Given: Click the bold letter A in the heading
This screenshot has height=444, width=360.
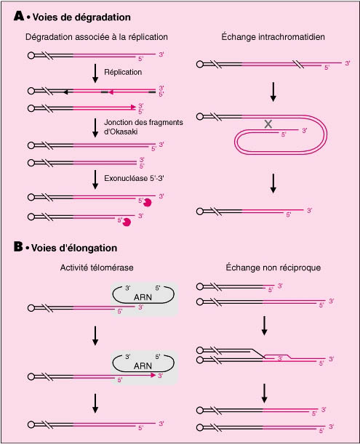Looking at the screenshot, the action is pos(19,16).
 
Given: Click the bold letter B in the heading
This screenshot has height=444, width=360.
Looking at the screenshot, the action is pos(18,246).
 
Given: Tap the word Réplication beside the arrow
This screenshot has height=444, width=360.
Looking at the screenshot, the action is pos(123,72).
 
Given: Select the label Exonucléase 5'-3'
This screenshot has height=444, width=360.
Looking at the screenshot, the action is pos(134,178).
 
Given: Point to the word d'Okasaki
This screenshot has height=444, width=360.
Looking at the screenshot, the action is pos(121,132).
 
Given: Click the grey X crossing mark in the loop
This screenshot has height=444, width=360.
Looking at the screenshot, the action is pos(268,124).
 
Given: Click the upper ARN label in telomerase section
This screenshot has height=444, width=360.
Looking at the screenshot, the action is pos(143,297).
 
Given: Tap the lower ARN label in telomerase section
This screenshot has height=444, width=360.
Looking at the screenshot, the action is pos(143,366).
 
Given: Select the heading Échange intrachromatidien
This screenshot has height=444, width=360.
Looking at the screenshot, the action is pos(273,37).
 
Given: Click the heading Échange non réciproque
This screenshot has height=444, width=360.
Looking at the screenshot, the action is pos(273,267).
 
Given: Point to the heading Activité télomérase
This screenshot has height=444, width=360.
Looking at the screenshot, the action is pos(97,267).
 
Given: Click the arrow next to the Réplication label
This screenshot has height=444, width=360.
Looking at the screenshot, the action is pos(95,73).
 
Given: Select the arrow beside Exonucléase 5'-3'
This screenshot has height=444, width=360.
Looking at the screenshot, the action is pos(95,179).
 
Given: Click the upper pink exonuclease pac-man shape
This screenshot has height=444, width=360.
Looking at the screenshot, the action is pos(148,202).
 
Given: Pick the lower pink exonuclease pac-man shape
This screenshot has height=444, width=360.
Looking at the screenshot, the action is pos(127,222).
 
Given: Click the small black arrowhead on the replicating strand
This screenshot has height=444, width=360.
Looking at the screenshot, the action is pos(65,92).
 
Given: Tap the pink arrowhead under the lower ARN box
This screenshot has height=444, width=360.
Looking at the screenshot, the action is pos(153,375).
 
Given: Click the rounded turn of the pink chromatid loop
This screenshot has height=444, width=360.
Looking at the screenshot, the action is pos(326,134).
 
